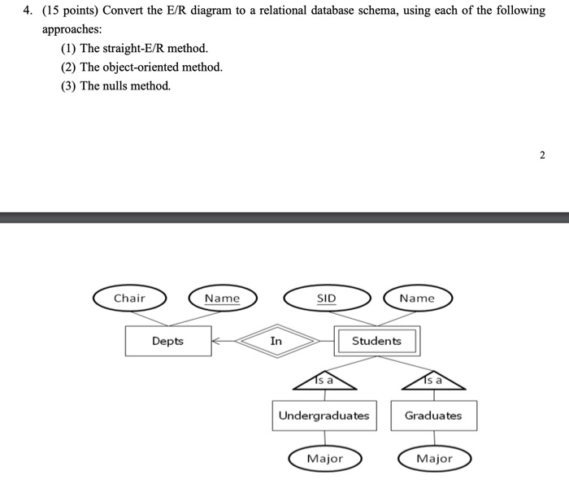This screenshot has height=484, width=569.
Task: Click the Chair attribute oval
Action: point(129,299)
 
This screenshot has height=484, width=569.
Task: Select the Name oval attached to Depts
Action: point(222,299)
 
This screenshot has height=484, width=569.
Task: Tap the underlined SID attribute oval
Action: point(325,299)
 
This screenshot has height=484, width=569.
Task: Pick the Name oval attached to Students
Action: point(417,299)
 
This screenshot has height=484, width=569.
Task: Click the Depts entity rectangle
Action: point(167,341)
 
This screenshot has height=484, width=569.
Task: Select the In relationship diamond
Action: point(276,341)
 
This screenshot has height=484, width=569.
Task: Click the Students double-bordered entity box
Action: point(376,341)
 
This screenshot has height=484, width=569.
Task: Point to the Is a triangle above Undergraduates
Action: point(324,379)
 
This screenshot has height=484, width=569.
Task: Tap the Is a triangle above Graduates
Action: point(432,379)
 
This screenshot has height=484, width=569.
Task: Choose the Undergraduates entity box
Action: point(324,416)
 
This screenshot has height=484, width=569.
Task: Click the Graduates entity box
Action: point(433,416)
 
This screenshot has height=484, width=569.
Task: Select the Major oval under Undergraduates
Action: point(324,459)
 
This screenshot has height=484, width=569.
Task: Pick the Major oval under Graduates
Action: point(433,459)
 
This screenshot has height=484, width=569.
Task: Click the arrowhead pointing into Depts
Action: point(216,342)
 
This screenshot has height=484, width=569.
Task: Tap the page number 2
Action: point(542,155)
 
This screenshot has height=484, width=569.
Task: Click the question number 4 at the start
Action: point(27,11)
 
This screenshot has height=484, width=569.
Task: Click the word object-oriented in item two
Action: point(145,67)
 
